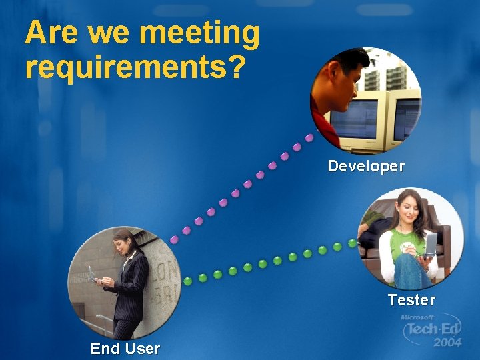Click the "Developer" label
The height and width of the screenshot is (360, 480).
[366, 166]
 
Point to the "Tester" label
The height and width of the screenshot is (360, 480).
[411, 300]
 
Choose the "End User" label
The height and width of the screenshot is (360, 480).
[125, 348]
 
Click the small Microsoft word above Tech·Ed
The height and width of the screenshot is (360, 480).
[417, 318]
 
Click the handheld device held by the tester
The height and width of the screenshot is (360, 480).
[431, 243]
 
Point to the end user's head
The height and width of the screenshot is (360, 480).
[125, 240]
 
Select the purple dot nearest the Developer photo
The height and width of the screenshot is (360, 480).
[309, 138]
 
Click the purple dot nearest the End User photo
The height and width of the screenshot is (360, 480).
[174, 239]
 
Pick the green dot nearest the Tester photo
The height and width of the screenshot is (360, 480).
[352, 243]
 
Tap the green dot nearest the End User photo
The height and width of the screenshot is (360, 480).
[188, 281]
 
